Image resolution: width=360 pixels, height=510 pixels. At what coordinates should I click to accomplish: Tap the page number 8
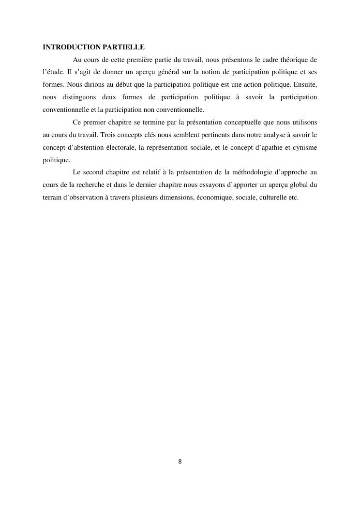click(180, 462)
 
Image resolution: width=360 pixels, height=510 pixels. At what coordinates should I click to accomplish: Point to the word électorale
click(118, 147)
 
